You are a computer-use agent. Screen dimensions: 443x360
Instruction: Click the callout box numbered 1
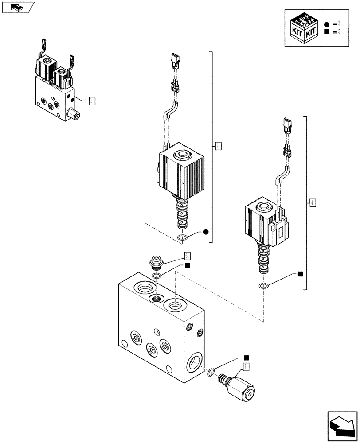coord(92,101)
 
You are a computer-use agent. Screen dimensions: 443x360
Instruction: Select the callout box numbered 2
coord(218,145)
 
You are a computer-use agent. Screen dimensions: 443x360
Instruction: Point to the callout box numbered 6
coord(188,256)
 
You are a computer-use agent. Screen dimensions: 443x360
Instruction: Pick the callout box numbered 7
coord(246,366)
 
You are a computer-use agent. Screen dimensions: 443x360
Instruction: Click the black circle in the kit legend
coord(327,23)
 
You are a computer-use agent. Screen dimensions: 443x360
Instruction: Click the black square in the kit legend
coord(327,32)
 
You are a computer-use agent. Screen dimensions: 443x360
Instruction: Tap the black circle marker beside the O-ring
coord(206,232)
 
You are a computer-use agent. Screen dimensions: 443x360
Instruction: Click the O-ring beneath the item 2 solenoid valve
coord(183,239)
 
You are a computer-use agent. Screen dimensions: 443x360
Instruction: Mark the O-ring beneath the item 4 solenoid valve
coord(263,286)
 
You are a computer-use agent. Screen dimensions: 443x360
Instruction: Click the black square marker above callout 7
coord(246,358)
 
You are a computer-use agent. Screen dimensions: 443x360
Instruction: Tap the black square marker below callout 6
coord(188,265)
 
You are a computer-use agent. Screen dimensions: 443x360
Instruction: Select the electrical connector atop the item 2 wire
coord(174,59)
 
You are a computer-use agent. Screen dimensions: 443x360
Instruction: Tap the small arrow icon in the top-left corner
coord(17,7)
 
